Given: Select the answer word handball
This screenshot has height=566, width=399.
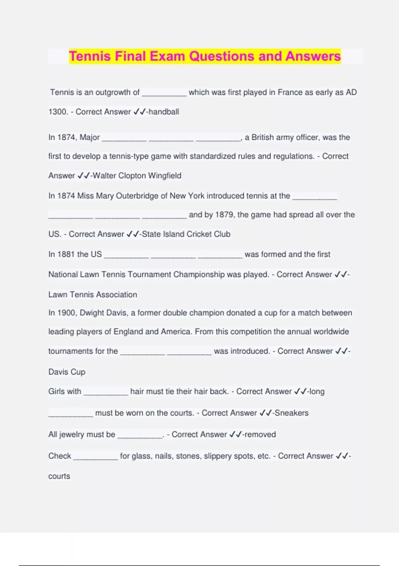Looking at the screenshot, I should point(164,112).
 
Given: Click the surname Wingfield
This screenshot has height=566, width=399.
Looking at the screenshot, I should point(165,176).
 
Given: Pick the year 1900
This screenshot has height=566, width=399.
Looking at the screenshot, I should point(66,313).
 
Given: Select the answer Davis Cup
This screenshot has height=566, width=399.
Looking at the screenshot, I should point(67,372).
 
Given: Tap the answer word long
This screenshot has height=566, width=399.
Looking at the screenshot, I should point(317,392).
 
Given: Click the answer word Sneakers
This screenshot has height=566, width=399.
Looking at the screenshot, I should point(292,413).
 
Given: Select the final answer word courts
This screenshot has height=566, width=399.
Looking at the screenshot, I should point(59,476).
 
